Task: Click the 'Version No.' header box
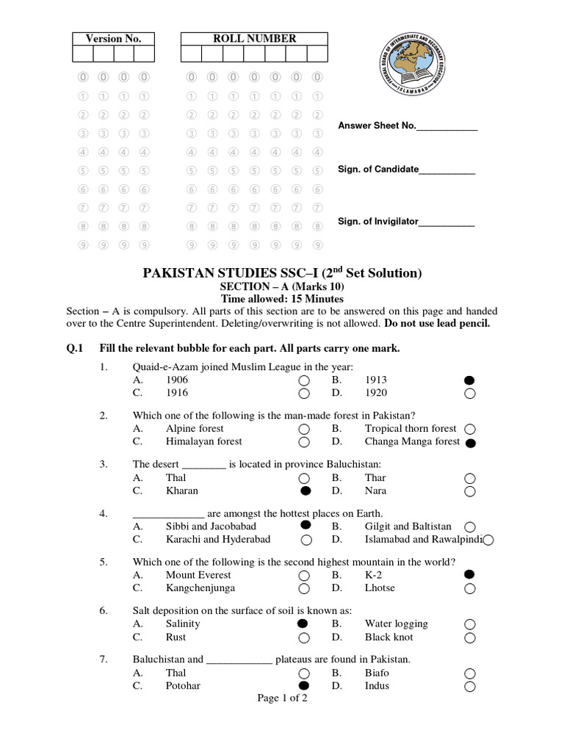tap(113, 39)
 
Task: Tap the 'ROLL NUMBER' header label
tap(254, 39)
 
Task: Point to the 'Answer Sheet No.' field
tap(408, 126)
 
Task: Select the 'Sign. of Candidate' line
tap(406, 170)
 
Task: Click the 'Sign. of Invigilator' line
tap(406, 221)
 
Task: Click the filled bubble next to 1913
tap(470, 380)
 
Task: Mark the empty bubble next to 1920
tap(470, 394)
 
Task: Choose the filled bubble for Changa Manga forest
tap(471, 443)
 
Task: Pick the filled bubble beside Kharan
tap(305, 491)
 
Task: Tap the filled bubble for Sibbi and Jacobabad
tap(305, 526)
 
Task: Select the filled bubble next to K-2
tap(470, 574)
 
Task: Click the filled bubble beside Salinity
tap(302, 623)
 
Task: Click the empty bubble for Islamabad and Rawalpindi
tap(488, 540)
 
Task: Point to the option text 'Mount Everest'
tap(198, 575)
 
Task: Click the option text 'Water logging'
tap(396, 623)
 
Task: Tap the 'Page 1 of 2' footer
tap(282, 698)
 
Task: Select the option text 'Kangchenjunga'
tap(202, 588)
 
